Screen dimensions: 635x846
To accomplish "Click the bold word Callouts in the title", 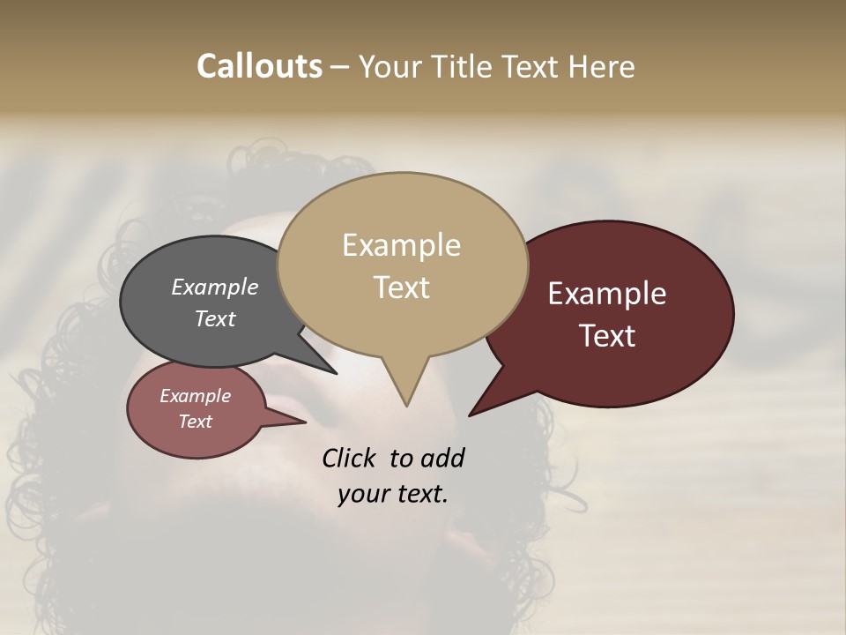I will (259, 66).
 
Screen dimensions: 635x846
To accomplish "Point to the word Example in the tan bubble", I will (401, 245).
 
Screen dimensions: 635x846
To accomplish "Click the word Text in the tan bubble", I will (401, 288).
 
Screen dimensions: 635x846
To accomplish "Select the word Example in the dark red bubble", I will (606, 294).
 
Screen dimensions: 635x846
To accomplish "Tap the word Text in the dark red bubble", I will (607, 336).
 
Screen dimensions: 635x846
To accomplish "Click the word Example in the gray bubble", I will (214, 287).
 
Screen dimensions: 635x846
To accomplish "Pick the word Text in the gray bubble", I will (214, 318).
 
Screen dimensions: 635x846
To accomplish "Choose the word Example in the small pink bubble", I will (195, 396).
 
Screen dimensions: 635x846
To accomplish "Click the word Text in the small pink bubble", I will (195, 422).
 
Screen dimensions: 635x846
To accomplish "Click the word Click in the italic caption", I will (349, 458).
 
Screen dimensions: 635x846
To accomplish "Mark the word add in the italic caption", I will (442, 458).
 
